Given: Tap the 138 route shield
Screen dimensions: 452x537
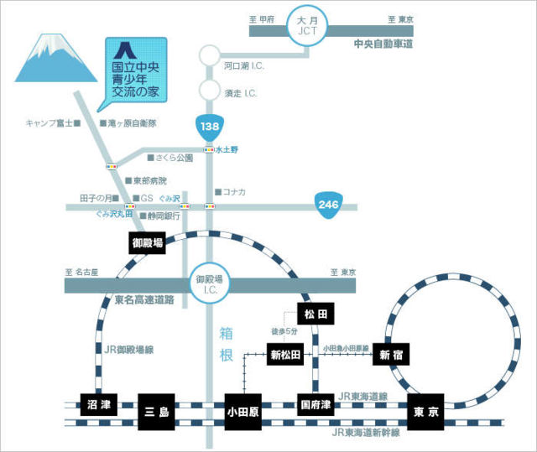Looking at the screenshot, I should click(209, 127).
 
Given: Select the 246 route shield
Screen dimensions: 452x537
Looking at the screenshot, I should click(327, 204).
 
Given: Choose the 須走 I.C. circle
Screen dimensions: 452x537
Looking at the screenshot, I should click(209, 90).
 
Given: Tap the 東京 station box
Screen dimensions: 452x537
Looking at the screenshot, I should click(425, 412).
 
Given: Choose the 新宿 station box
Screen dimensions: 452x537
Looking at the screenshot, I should click(392, 355).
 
